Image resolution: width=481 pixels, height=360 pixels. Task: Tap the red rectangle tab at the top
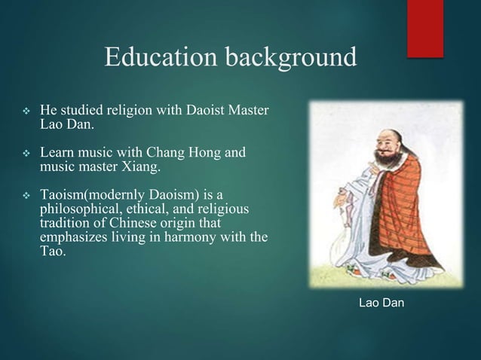[425, 27]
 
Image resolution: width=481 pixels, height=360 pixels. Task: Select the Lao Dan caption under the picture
[381, 304]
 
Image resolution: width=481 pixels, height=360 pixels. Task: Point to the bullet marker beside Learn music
[23, 154]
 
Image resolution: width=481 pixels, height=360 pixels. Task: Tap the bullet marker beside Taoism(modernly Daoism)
[23, 195]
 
